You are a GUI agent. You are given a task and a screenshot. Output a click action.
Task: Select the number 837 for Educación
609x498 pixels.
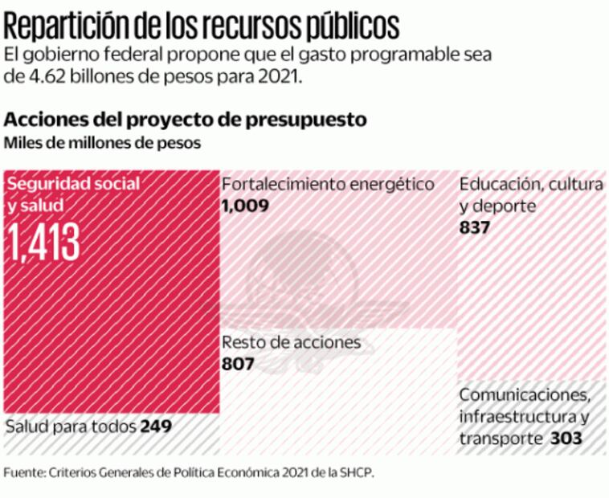coord(475,227)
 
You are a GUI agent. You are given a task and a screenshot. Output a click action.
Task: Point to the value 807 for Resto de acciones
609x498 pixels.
coord(238,364)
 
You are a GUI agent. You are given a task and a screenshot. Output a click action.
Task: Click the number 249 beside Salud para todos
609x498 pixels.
coord(156,425)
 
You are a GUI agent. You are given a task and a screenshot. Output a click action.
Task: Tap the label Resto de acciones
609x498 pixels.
coord(291,343)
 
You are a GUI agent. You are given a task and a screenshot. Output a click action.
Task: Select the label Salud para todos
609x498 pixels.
coord(71,425)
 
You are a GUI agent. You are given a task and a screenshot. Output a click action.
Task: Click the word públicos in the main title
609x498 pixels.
coord(354,26)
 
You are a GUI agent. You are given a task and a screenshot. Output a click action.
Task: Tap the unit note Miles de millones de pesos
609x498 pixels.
coord(103,143)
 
